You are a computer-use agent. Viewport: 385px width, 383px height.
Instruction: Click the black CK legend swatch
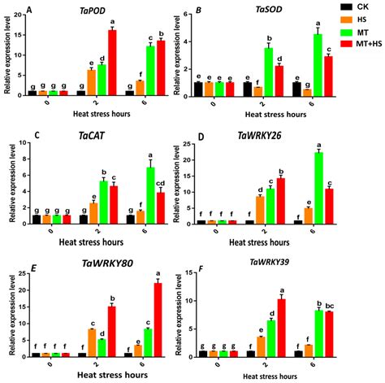tap(332, 7)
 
